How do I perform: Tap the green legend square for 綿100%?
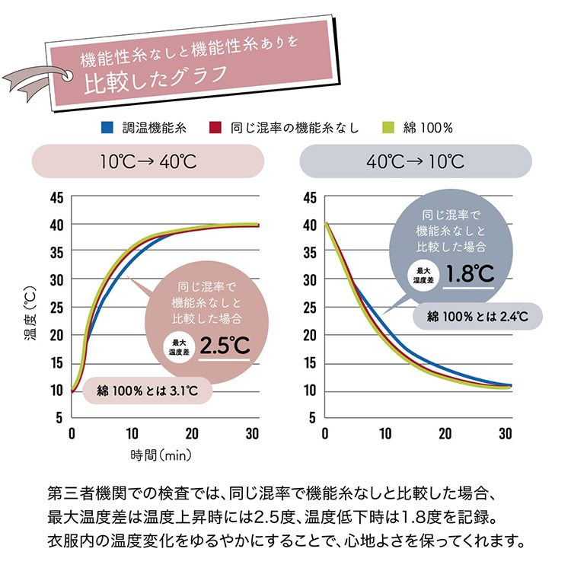[388, 127]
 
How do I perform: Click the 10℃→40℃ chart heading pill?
[148, 161]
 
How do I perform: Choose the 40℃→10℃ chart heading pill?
[414, 161]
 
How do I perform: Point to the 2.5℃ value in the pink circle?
[225, 345]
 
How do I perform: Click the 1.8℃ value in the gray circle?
[471, 273]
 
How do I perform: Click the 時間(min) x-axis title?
[161, 456]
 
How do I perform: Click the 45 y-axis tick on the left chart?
[56, 197]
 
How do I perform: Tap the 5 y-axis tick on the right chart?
[311, 418]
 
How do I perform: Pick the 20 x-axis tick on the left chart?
[191, 434]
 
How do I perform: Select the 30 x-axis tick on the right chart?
[504, 434]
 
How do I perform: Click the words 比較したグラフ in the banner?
[155, 78]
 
